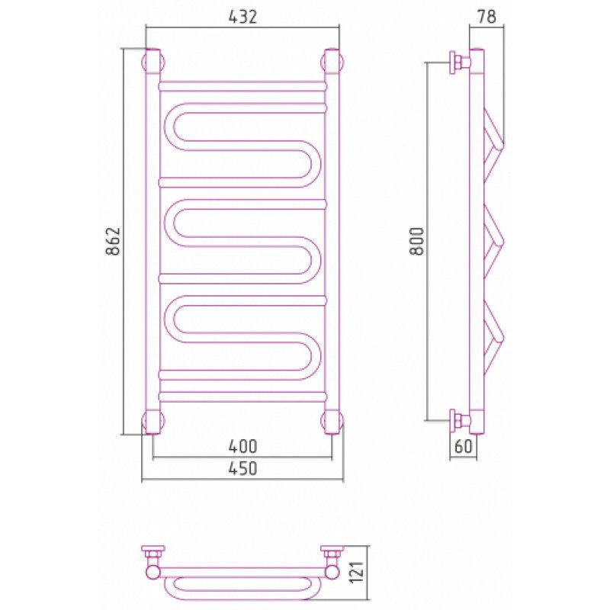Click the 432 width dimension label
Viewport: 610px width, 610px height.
click(242, 17)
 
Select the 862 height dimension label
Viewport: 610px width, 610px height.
click(113, 241)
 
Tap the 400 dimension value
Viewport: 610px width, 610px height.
click(242, 446)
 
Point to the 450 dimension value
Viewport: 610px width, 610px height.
click(242, 468)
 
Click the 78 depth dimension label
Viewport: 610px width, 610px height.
click(486, 17)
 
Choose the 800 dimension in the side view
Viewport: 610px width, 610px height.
click(416, 241)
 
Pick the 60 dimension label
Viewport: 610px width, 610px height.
click(463, 446)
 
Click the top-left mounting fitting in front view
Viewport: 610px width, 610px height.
click(152, 63)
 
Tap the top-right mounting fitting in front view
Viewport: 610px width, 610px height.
click(332, 63)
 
